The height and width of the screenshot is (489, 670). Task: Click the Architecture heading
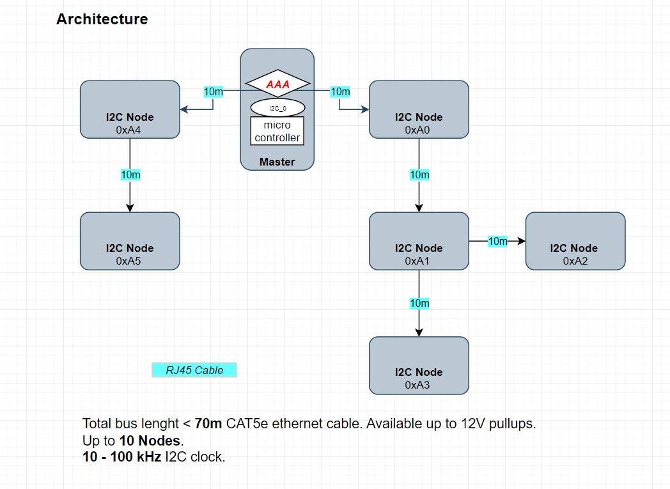[102, 19]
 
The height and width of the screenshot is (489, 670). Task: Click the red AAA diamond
[277, 84]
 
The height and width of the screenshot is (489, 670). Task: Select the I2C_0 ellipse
[277, 107]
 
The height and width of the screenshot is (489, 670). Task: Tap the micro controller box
[277, 131]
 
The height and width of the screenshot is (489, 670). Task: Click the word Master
[277, 162]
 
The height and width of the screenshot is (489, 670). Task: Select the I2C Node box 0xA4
[130, 109]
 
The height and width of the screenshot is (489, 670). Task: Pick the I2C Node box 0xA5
[130, 241]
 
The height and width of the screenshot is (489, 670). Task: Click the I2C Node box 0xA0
[419, 109]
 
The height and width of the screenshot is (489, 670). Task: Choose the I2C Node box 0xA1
[419, 241]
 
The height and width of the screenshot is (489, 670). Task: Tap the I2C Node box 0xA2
[575, 241]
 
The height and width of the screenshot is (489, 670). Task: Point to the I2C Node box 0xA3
[419, 366]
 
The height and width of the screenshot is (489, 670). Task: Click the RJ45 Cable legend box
[194, 370]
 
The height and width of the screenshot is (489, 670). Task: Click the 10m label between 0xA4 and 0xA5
[130, 175]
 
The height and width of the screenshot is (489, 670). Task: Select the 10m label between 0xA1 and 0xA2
[497, 241]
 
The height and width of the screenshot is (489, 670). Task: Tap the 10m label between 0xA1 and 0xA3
[419, 303]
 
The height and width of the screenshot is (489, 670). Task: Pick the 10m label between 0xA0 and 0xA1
[419, 175]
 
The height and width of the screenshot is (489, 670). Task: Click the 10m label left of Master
[213, 91]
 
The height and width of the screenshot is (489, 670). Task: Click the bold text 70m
[208, 423]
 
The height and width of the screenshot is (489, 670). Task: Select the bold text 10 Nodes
[151, 440]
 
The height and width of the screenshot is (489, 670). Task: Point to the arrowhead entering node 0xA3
[419, 332]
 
